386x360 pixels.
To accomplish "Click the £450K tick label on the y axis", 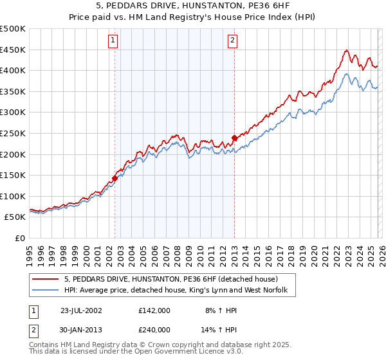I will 13,50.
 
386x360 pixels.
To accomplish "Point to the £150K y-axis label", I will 13,175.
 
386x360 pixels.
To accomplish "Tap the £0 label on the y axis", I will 19,238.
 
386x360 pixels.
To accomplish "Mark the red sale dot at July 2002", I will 115,178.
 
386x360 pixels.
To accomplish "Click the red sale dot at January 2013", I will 234,138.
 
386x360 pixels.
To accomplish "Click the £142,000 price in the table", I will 154,310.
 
